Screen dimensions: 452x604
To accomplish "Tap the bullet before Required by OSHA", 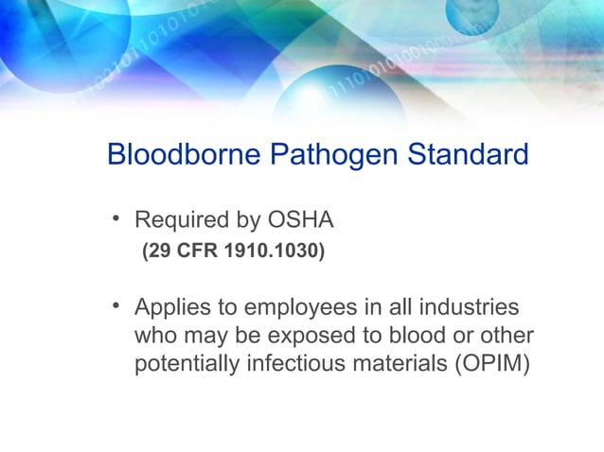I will click(115, 220).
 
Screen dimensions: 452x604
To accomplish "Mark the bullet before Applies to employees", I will click(115, 307).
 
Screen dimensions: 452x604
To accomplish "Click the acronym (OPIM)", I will click(489, 365).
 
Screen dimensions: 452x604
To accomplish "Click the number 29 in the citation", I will click(157, 252).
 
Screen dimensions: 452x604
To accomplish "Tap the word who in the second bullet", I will click(157, 337).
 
